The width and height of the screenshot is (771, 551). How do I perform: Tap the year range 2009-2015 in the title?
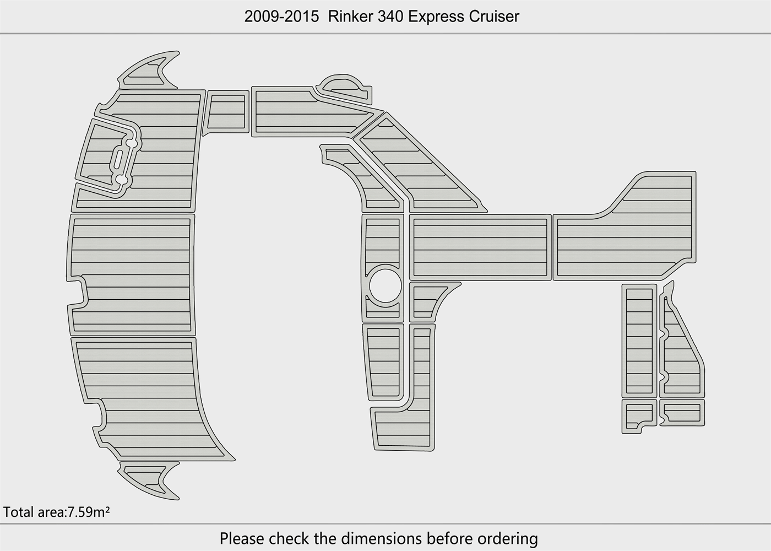click(x=281, y=17)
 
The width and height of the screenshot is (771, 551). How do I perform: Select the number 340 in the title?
click(x=390, y=17)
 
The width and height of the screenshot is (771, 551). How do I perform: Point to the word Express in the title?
click(x=436, y=17)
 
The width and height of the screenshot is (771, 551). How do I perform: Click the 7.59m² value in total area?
click(x=88, y=512)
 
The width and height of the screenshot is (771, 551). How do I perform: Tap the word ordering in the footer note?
click(x=507, y=539)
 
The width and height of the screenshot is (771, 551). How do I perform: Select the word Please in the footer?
click(x=242, y=538)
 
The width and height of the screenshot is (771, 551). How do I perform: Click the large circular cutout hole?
click(x=385, y=285)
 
